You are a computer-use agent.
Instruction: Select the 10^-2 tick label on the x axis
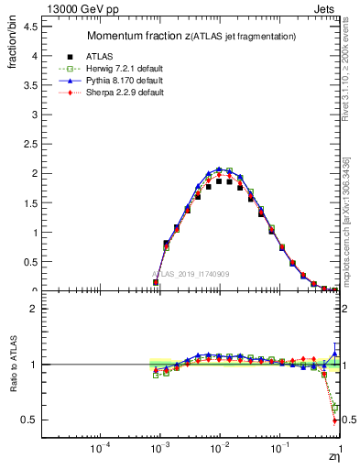click(x=220, y=451)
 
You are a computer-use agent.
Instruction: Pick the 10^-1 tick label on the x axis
click(x=279, y=451)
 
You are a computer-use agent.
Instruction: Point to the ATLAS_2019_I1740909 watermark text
click(x=190, y=274)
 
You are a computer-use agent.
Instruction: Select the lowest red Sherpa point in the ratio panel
click(x=334, y=420)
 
